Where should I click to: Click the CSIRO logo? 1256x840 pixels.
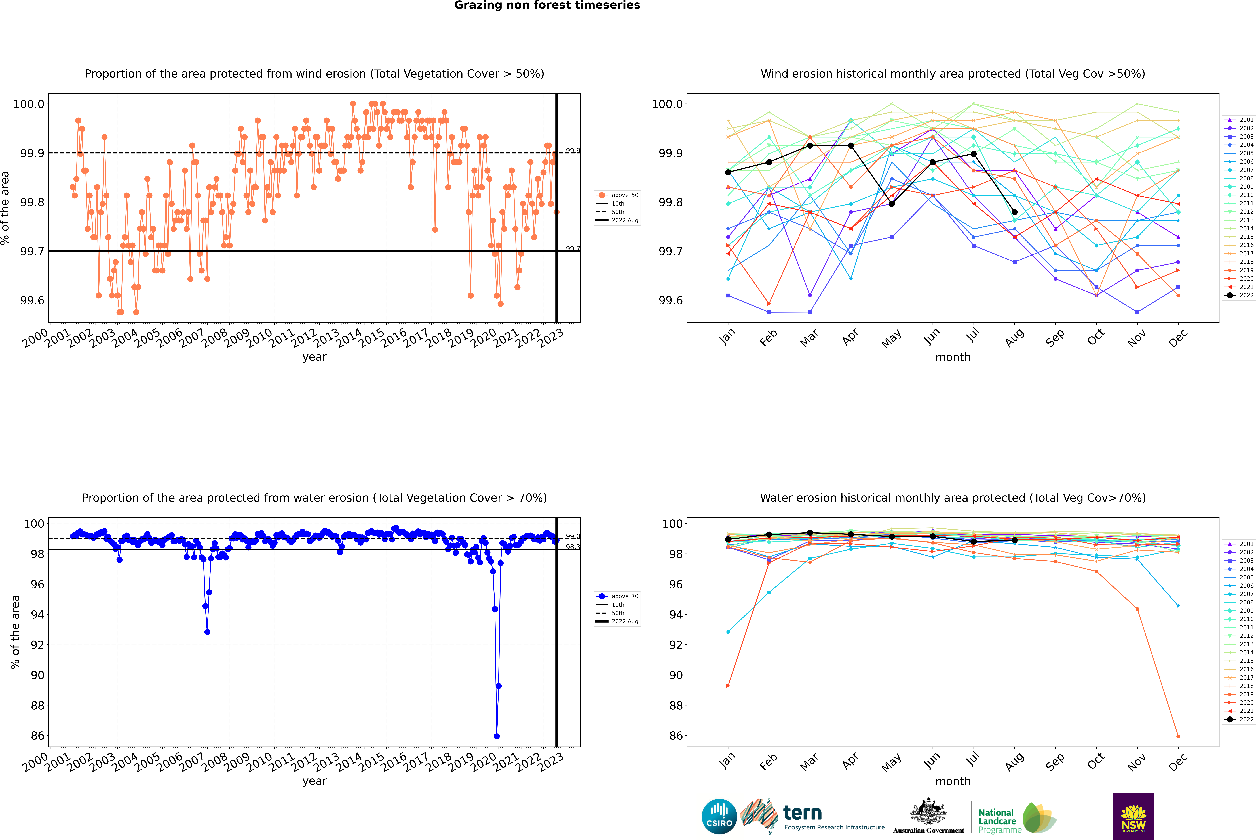(x=719, y=816)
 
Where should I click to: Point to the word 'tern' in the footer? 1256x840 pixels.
(x=802, y=813)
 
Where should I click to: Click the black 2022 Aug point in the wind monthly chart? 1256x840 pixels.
(x=1014, y=212)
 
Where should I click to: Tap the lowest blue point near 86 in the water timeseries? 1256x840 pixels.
(x=496, y=736)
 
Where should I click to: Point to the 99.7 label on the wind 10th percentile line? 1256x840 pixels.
(x=572, y=249)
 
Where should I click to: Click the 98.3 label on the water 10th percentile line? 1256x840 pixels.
(x=572, y=547)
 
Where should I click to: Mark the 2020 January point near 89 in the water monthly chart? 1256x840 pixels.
(x=728, y=686)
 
